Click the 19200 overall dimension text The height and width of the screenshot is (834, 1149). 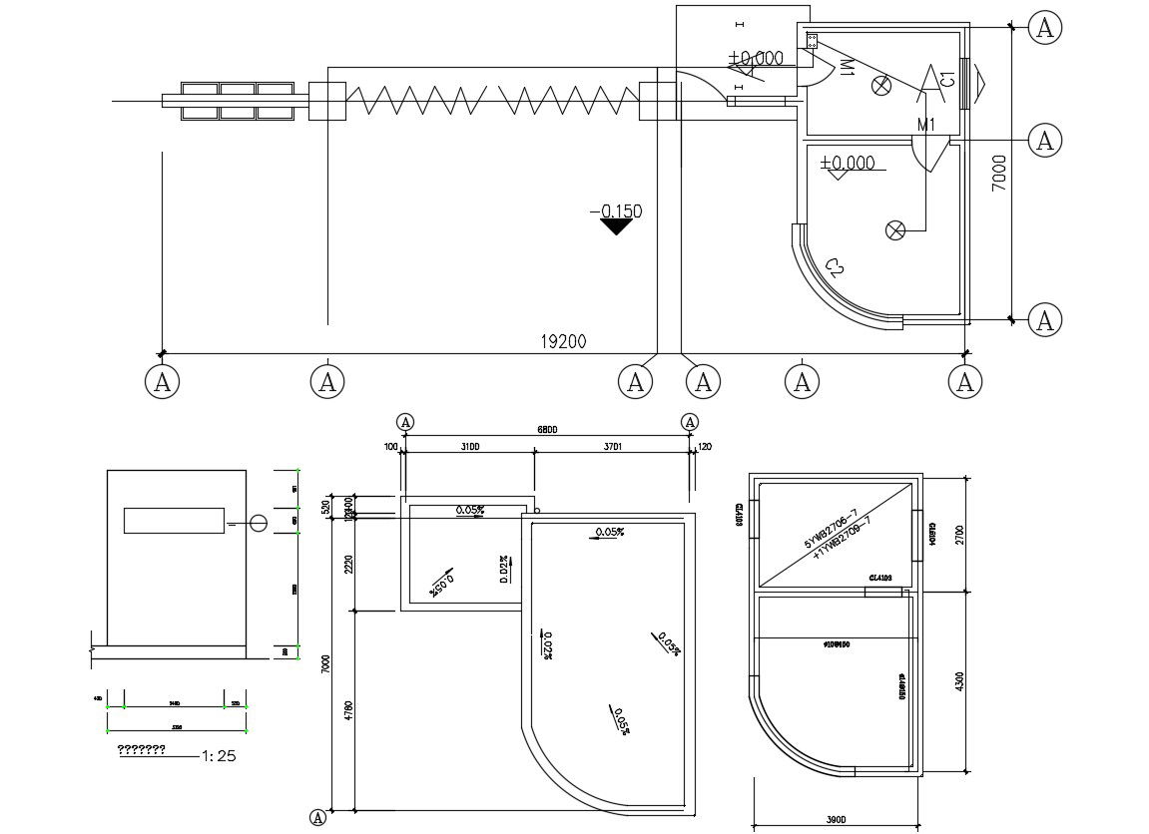563,341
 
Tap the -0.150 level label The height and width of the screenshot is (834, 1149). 616,210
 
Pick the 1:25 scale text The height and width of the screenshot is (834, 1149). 219,756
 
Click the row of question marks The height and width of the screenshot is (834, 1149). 141,749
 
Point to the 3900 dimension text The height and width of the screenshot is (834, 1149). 836,820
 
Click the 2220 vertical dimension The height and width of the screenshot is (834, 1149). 348,564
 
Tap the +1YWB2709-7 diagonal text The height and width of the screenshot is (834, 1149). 843,537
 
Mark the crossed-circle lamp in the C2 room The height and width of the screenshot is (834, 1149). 895,230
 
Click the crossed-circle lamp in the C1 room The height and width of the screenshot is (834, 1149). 881,85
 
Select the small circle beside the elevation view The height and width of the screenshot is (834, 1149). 258,523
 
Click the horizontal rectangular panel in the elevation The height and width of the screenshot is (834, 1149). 174,520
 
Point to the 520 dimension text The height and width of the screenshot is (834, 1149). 325,506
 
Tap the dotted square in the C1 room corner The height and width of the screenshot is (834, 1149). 812,41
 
